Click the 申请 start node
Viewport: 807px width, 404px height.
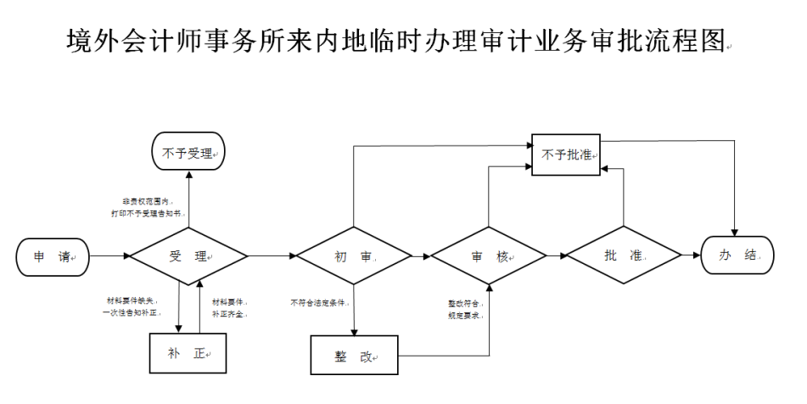point(52,256)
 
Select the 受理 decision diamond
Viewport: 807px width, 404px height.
point(188,256)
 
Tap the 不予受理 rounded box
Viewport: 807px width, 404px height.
point(188,154)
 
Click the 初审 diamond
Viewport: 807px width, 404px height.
point(353,256)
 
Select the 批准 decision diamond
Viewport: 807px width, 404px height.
point(624,256)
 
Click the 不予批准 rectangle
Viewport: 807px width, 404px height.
point(566,155)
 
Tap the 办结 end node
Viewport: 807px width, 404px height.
point(737,256)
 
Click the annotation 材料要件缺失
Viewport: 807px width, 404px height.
point(131,300)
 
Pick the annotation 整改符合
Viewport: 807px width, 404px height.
point(465,302)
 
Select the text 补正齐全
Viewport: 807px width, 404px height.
point(228,313)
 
